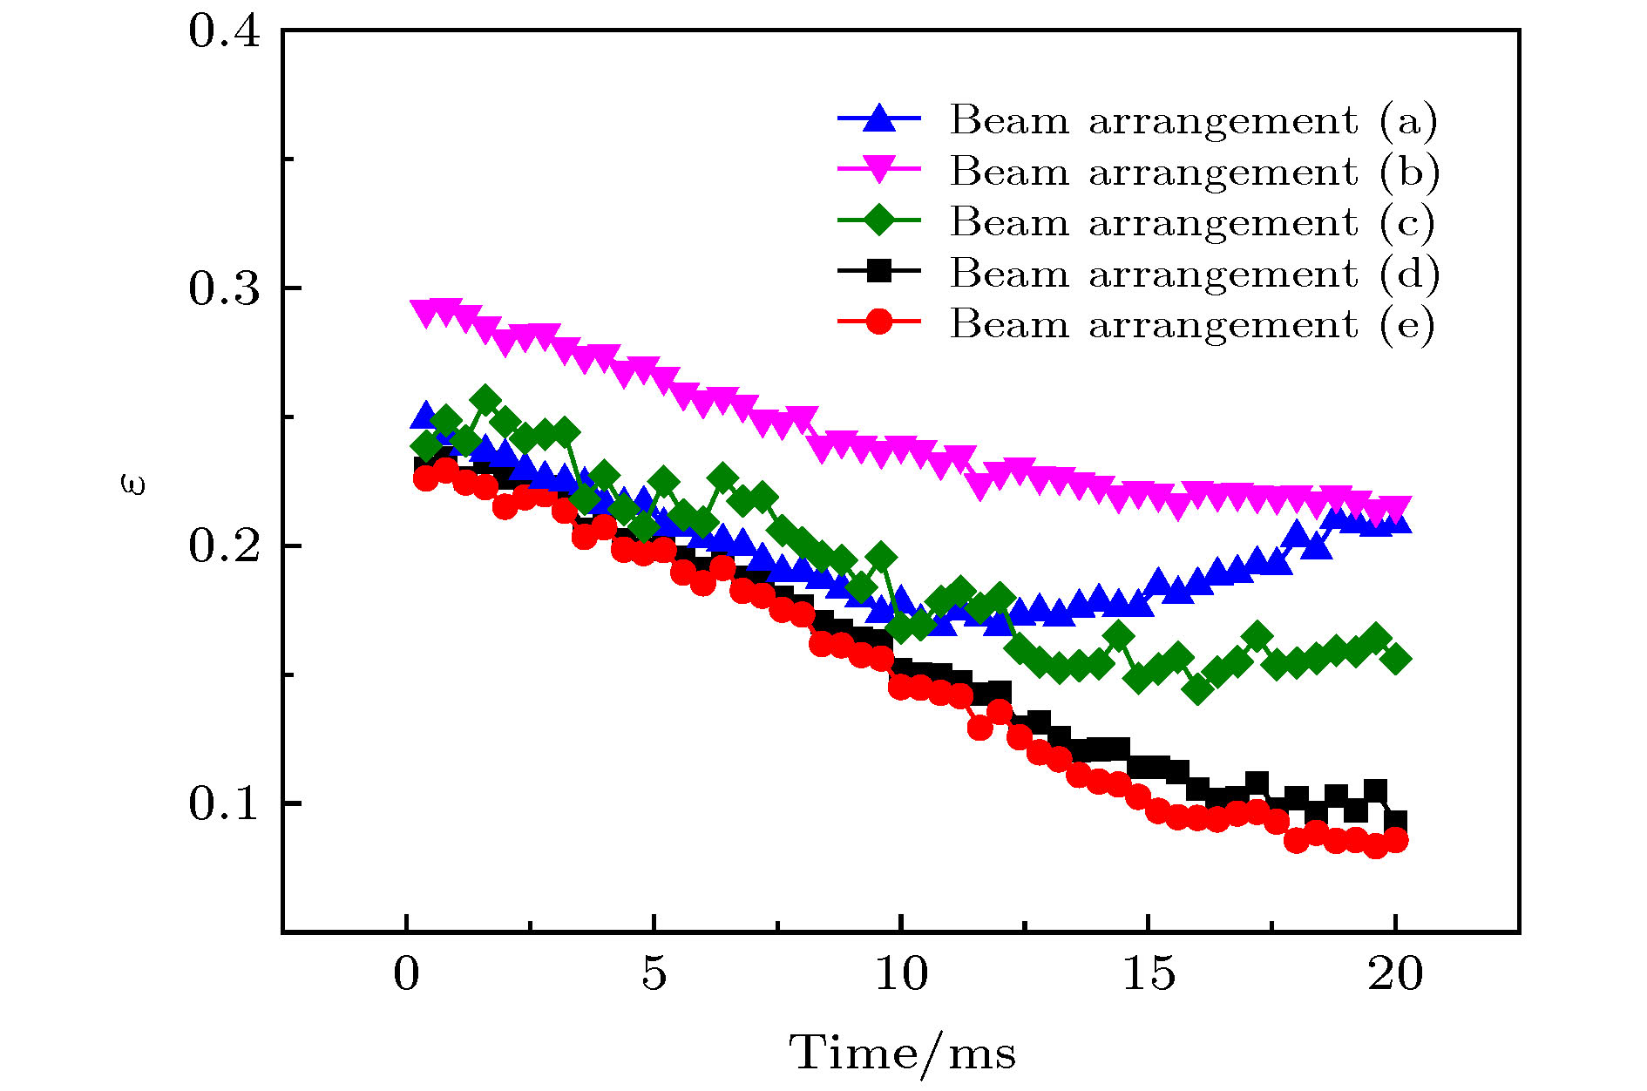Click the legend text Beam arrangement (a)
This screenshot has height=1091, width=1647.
click(1193, 120)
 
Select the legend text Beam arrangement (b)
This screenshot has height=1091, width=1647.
click(1193, 172)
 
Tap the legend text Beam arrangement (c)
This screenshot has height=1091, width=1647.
click(1193, 222)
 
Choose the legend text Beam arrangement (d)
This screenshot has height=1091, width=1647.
click(1193, 274)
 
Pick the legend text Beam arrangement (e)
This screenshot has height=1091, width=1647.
click(1193, 324)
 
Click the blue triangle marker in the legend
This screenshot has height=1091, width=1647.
click(879, 119)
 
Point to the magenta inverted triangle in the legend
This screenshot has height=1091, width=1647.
click(879, 170)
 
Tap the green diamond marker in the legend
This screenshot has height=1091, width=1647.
click(879, 220)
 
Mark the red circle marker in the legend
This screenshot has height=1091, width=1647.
click(879, 322)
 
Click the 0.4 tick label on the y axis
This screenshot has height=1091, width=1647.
click(225, 32)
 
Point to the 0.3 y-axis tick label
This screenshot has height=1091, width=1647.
click(225, 288)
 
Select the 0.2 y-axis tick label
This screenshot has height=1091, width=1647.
click(225, 546)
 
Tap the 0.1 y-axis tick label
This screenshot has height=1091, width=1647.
click(225, 803)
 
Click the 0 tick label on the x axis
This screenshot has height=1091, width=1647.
click(406, 973)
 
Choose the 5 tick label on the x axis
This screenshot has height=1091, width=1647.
click(654, 973)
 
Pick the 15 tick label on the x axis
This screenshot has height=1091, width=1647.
click(1148, 973)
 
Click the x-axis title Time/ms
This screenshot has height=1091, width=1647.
click(903, 1053)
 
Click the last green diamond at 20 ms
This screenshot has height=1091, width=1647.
click(1396, 659)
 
